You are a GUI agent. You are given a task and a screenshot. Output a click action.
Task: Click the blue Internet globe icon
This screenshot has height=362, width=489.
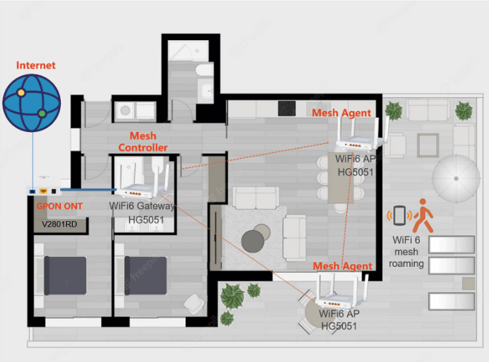pos(32,103)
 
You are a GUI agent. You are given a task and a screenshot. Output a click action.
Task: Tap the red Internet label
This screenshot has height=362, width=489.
pos(36,65)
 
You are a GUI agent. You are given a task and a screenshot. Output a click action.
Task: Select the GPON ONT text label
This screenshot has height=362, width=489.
pos(59,206)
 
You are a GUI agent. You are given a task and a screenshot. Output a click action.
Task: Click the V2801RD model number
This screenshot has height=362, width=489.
pos(59,224)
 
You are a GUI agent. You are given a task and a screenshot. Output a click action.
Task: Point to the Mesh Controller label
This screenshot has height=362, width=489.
pos(143,142)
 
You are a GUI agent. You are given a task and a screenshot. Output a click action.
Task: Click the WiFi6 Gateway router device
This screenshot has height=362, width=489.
pos(143,183)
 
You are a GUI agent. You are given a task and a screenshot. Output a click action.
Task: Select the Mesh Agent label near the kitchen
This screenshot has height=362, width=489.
pos(342,113)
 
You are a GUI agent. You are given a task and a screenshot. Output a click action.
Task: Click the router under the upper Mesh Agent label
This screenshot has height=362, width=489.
pos(362,136)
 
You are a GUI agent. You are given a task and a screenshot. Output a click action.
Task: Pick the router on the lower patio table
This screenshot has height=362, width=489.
pos(342,292)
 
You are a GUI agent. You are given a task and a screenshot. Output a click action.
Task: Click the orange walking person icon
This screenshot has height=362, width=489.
pos(423,216)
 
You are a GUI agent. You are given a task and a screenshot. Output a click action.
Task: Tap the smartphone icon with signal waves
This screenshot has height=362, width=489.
pos(400,215)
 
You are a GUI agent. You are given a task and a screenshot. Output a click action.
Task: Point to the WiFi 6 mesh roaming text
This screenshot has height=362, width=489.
pos(406,251)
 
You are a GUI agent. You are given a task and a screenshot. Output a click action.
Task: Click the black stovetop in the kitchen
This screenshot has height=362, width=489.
pos(287,108)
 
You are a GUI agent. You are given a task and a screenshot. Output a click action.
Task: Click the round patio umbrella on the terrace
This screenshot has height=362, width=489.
pos(456,179)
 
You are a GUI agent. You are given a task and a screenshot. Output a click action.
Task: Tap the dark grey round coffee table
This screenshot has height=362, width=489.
pos(253,242)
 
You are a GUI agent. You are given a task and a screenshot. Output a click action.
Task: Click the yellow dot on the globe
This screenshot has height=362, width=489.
pos(21,93)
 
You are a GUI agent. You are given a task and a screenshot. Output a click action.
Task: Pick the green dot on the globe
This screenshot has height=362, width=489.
pos(42,113)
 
